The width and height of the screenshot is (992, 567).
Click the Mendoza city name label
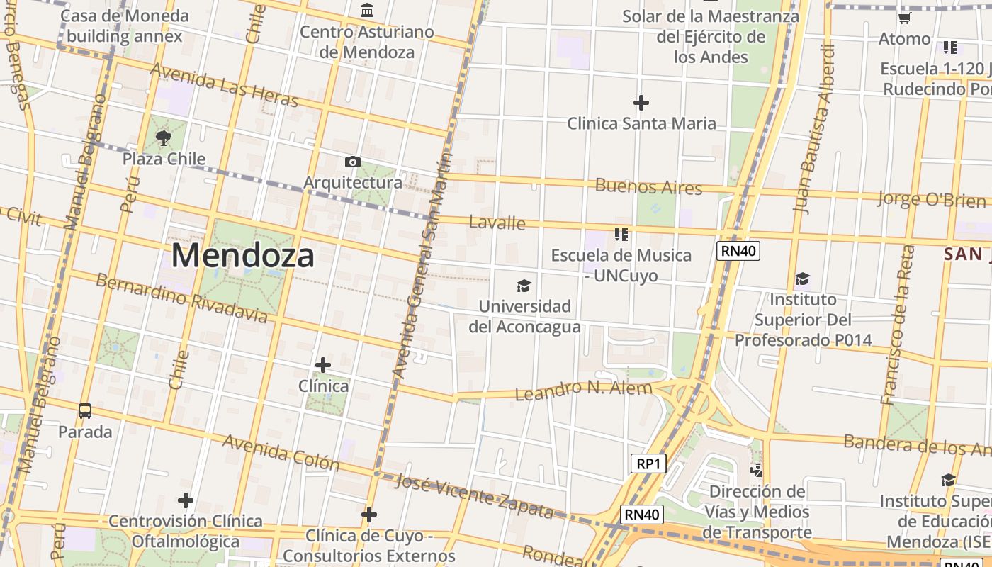[243, 255]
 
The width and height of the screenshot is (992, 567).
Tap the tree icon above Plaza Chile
[164, 137]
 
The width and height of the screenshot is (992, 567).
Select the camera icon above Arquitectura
[352, 162]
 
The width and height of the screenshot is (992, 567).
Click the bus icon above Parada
[85, 410]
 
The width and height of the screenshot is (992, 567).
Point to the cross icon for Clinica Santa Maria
[641, 103]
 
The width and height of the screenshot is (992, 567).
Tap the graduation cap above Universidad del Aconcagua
[524, 286]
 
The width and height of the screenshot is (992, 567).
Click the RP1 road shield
[648, 464]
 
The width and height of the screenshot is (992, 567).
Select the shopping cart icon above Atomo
[904, 18]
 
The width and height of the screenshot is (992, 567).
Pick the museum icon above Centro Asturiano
[367, 11]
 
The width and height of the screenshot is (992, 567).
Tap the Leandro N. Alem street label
[583, 390]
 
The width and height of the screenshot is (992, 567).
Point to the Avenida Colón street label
[281, 452]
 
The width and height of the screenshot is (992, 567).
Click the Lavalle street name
[497, 223]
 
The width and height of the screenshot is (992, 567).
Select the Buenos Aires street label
[648, 187]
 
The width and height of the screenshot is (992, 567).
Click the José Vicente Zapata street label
[474, 495]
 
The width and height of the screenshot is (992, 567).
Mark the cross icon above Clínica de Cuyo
[368, 515]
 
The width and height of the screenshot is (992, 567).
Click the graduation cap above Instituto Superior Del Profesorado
[802, 279]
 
